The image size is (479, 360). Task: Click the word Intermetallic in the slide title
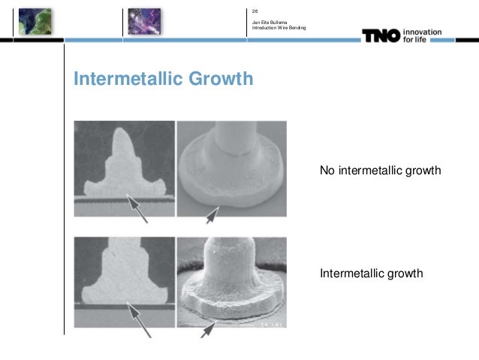click(x=129, y=79)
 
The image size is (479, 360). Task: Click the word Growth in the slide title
click(x=222, y=80)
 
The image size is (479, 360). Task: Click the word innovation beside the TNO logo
click(x=423, y=32)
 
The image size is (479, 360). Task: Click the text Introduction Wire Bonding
click(x=279, y=29)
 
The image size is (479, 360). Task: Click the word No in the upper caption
click(x=327, y=171)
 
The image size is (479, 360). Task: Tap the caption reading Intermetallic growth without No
click(x=372, y=272)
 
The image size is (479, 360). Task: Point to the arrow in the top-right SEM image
click(x=214, y=215)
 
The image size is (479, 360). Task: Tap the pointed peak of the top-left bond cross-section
click(x=121, y=133)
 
